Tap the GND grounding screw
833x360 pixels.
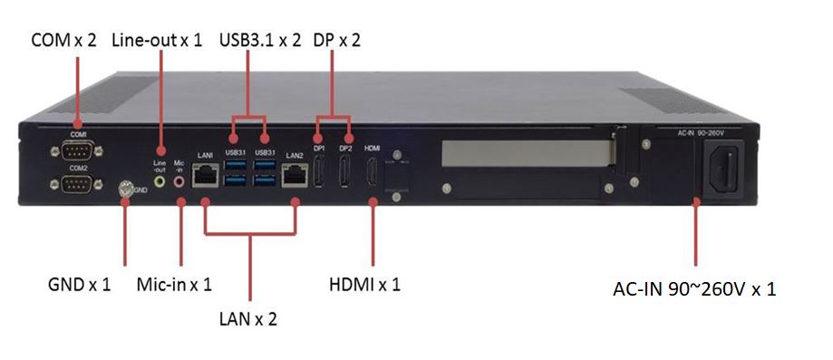[x=126, y=190]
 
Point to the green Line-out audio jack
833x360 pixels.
[x=161, y=181]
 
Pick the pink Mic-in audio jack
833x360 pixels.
[x=179, y=181]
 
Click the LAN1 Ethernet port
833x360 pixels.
[x=206, y=175]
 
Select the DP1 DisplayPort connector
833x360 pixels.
[x=319, y=171]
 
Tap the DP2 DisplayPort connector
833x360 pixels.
[x=345, y=171]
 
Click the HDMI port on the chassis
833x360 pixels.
[x=373, y=171]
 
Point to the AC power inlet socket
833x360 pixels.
[x=722, y=168]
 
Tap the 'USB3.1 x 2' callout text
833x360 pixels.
[x=260, y=41]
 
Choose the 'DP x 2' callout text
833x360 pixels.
[x=336, y=41]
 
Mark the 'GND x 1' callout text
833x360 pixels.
[x=78, y=285]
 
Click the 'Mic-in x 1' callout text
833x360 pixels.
[x=173, y=285]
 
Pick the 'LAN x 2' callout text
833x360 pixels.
[x=247, y=318]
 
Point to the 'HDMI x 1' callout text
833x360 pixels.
[x=364, y=285]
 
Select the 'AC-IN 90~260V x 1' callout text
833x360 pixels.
[x=695, y=290]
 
